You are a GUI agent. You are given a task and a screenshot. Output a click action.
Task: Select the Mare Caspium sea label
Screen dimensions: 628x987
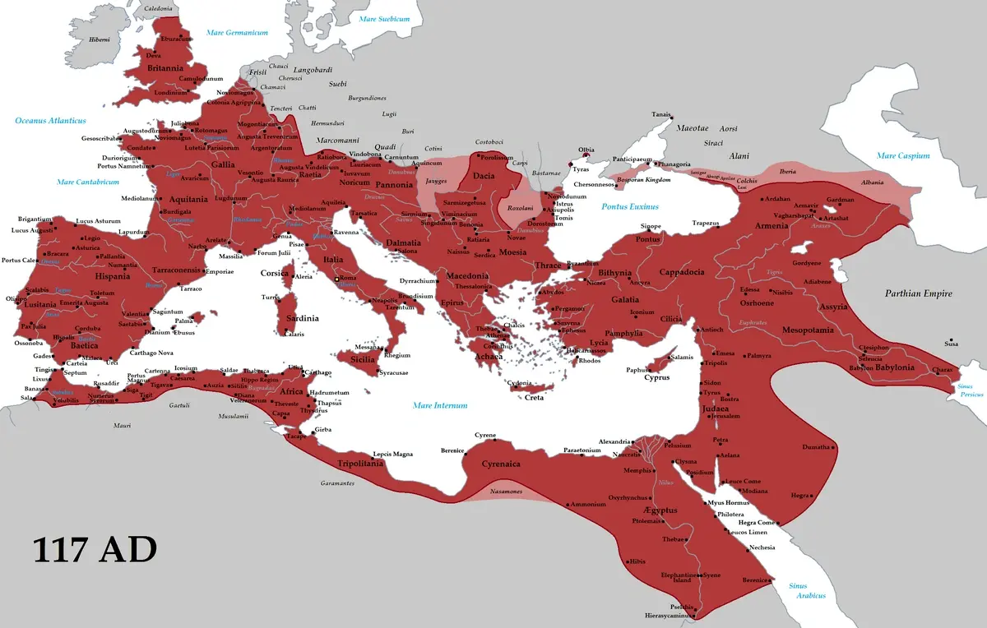(x=902, y=155)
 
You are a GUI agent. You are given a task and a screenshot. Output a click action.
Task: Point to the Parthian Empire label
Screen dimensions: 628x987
(x=918, y=293)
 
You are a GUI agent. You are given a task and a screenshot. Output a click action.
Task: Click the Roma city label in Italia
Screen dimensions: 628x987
(x=348, y=279)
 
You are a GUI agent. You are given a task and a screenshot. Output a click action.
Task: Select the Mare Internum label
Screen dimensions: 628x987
(x=439, y=405)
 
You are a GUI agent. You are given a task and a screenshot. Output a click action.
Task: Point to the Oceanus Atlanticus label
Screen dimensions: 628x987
(x=50, y=121)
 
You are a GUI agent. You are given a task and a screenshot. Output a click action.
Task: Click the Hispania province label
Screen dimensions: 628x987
(x=112, y=276)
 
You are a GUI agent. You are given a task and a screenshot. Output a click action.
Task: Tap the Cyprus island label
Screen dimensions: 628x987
(x=656, y=378)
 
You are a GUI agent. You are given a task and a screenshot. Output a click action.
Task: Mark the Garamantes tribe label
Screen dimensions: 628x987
(x=337, y=483)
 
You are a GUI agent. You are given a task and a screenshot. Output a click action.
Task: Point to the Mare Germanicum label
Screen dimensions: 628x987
(x=238, y=33)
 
